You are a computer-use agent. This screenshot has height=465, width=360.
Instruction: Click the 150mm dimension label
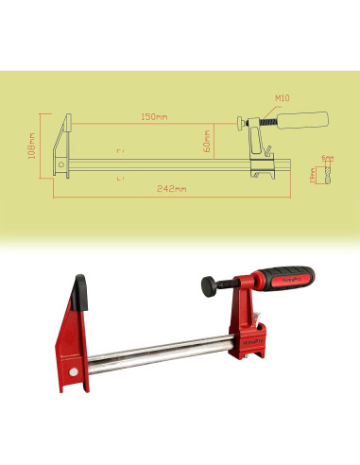pos(153,116)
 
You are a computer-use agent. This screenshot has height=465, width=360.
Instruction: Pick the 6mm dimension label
pos(328,156)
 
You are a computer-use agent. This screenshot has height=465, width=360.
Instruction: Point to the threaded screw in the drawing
pos(268,122)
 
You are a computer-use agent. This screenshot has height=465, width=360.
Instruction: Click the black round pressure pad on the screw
pos(207,283)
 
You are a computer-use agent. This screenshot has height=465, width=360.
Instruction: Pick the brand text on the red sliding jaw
pos(251,337)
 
